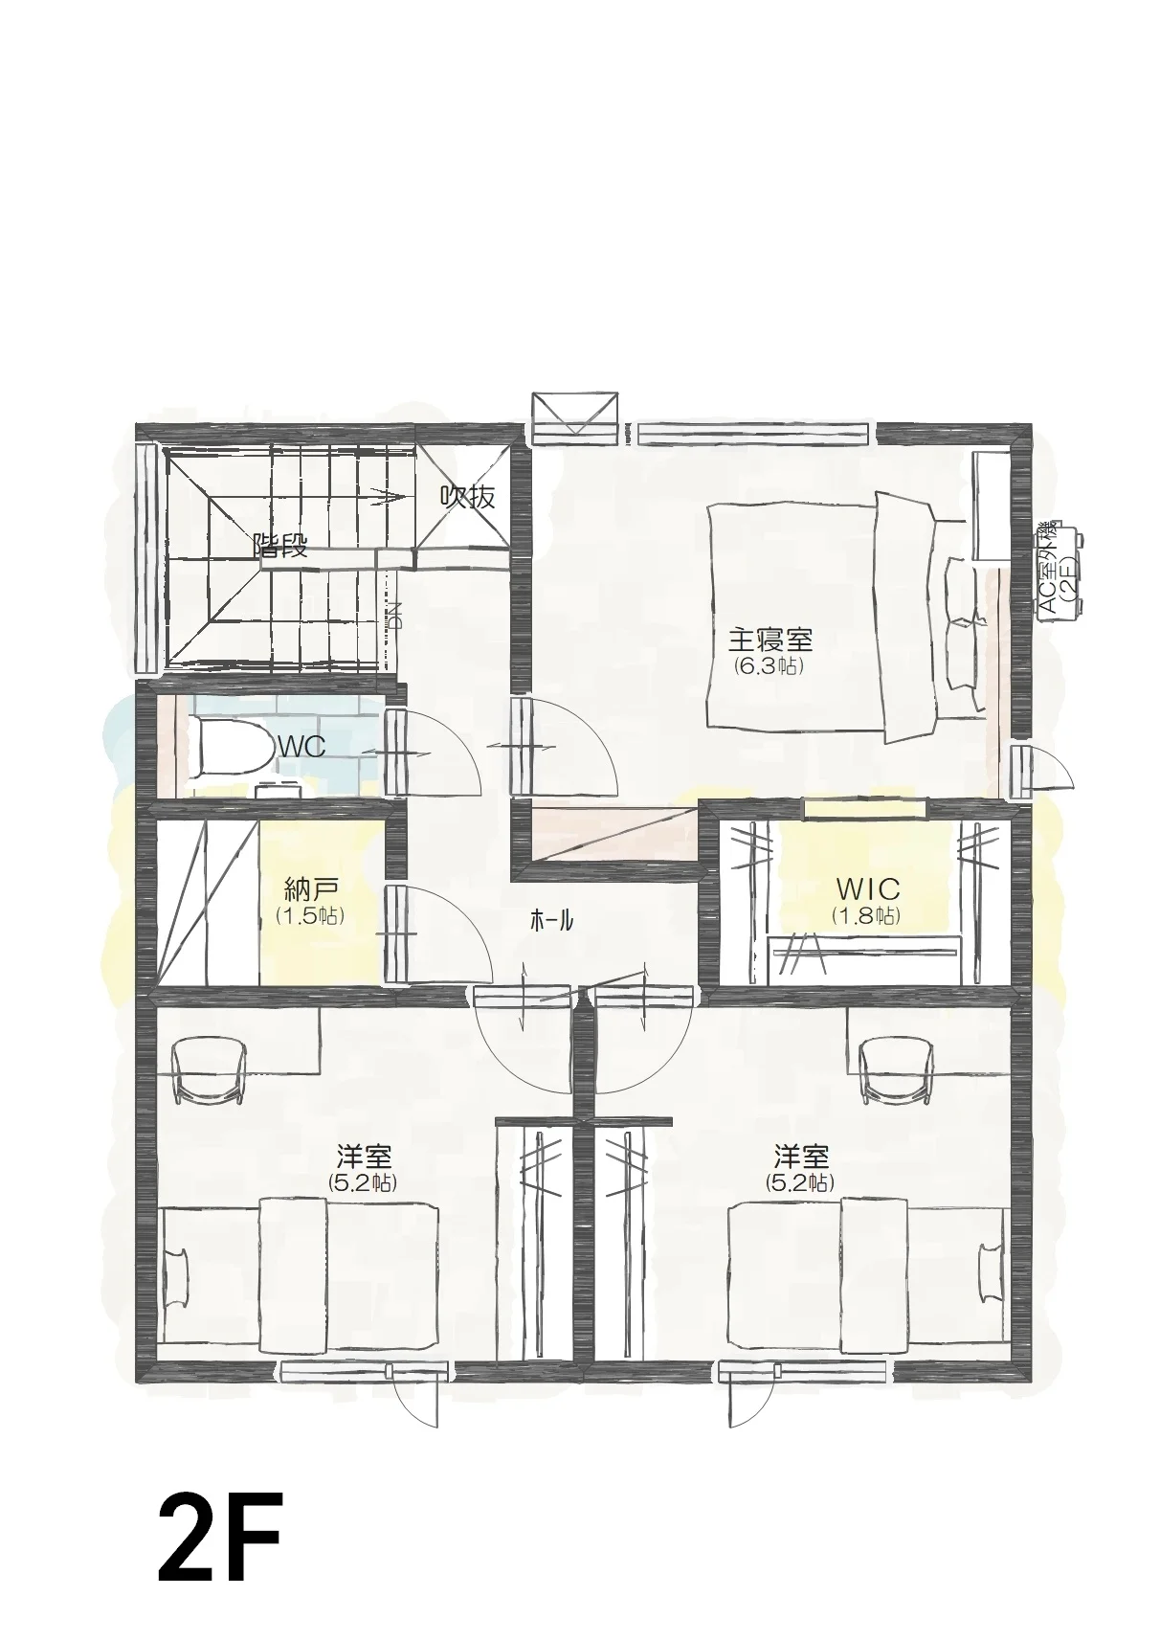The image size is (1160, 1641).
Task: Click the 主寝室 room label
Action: coord(770,641)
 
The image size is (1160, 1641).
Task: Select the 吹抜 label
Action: coord(467,498)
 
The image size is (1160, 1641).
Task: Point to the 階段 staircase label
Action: coord(279,547)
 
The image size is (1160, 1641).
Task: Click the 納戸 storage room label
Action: coord(310,890)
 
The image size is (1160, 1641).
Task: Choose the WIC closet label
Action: coord(868,890)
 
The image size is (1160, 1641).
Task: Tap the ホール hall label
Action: coord(551,922)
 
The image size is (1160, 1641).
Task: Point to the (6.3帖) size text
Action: coord(769,666)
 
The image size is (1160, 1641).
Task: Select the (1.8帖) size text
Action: coord(866,915)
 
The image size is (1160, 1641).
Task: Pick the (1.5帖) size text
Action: coord(310,915)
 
